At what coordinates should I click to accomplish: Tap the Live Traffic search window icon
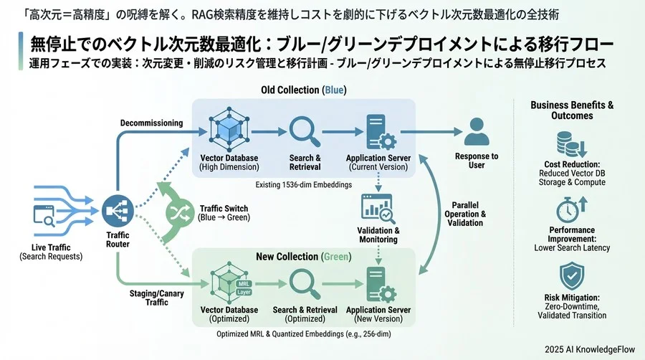[x=44, y=214]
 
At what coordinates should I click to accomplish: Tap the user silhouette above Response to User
[x=476, y=132]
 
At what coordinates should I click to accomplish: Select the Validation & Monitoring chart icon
[x=377, y=209]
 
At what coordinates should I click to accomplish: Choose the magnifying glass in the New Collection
[x=305, y=283]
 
